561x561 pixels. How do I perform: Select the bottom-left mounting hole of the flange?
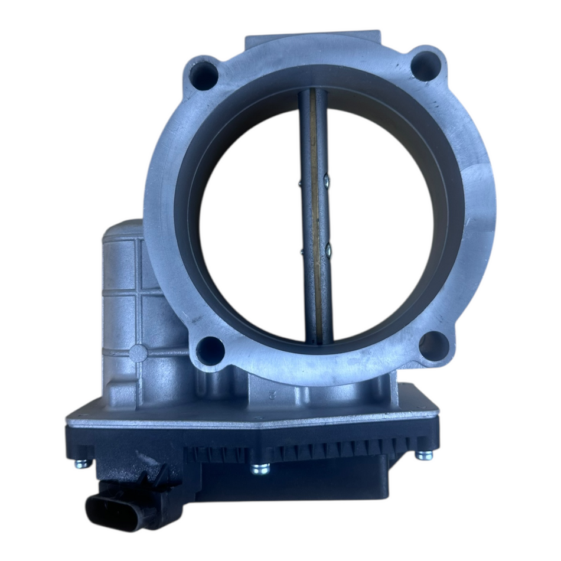[x=210, y=350]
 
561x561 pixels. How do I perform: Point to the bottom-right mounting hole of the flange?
[x=433, y=344]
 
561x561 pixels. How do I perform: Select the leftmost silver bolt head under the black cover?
[x=83, y=462]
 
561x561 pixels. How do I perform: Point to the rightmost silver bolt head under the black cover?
[x=423, y=455]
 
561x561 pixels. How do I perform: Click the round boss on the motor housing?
[x=138, y=353]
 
